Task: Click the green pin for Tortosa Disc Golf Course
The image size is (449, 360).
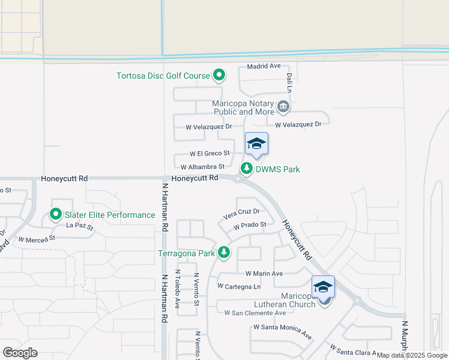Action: (x=220, y=75)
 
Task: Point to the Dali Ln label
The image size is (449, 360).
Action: (x=289, y=83)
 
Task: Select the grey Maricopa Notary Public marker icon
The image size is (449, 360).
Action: (x=283, y=107)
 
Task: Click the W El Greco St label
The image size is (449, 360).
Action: (x=209, y=154)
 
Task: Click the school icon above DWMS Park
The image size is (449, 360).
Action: (x=256, y=143)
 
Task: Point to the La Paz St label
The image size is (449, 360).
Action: (x=80, y=227)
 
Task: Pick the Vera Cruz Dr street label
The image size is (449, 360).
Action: (x=241, y=212)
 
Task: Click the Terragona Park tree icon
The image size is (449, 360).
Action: (x=224, y=253)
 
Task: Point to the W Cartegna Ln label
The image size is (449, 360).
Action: (x=243, y=286)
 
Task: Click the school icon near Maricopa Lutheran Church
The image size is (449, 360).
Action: (x=323, y=287)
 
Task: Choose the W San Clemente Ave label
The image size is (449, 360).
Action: (x=255, y=313)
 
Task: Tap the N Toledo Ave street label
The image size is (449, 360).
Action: (x=178, y=289)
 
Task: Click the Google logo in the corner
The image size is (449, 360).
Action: (x=20, y=353)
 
